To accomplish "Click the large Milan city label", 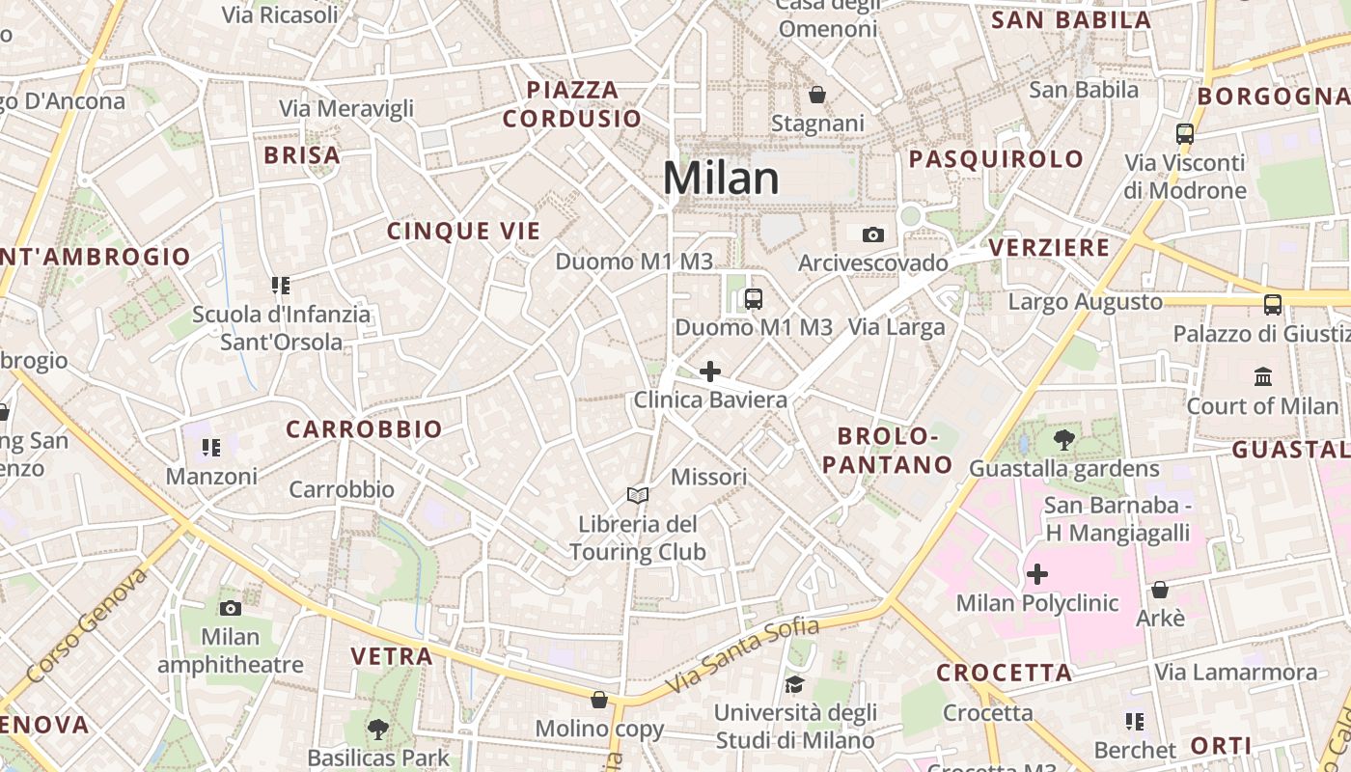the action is click(721, 179).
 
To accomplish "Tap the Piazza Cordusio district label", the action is click(572, 104).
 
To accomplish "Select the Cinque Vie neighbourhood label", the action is click(464, 231).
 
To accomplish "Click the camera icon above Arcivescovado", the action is click(873, 234).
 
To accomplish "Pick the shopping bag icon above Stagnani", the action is click(817, 95).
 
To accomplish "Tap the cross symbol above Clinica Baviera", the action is click(710, 372).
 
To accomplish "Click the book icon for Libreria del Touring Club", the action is click(637, 496).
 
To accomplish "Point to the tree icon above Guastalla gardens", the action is click(1064, 441).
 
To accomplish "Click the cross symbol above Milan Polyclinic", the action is click(1037, 575).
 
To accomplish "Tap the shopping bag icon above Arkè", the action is click(1160, 589).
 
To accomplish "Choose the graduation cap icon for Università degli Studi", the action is click(795, 684).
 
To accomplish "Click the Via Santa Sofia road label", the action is click(742, 654).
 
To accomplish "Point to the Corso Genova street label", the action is click(88, 623).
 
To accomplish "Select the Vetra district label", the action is click(392, 656).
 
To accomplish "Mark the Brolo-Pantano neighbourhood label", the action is click(888, 450).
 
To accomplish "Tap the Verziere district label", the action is click(1050, 248).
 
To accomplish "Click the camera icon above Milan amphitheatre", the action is click(230, 608).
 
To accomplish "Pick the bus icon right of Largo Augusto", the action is click(1273, 305).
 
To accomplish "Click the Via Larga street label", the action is click(896, 327).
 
